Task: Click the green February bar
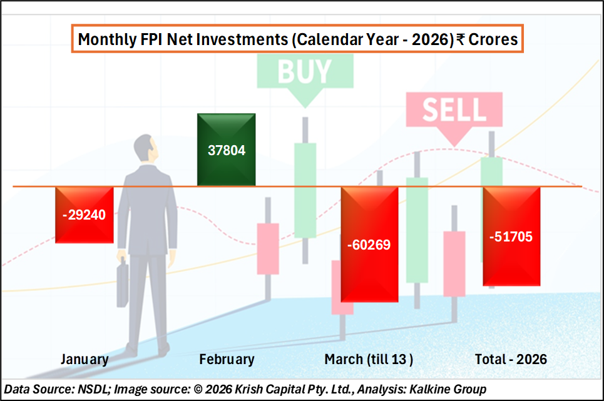click(226, 150)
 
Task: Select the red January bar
click(84, 215)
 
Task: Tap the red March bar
click(369, 245)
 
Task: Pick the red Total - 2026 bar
click(511, 236)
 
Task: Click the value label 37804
click(227, 150)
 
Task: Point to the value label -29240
click(84, 215)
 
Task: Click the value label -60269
click(369, 245)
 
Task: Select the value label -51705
click(511, 236)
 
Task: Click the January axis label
click(84, 360)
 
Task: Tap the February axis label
click(227, 360)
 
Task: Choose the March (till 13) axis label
click(369, 360)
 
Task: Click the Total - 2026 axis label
click(511, 360)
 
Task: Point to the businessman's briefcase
click(123, 283)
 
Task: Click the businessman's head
click(146, 148)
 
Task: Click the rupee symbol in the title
click(461, 39)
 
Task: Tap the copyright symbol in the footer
click(198, 389)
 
